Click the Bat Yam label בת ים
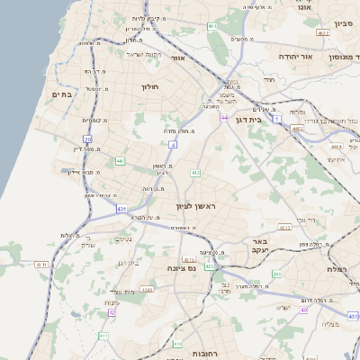point(61,95)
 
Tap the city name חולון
point(149,87)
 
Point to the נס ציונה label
point(182,268)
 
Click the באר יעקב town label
point(261,247)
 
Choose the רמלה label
point(337,270)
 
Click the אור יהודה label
point(294,56)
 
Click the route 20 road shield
point(87,139)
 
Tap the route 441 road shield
point(120,161)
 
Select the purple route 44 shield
point(223,117)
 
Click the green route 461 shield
point(212,27)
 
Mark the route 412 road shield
point(194,172)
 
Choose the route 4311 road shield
point(284,229)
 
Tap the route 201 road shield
point(276,274)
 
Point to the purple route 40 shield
point(304,310)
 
